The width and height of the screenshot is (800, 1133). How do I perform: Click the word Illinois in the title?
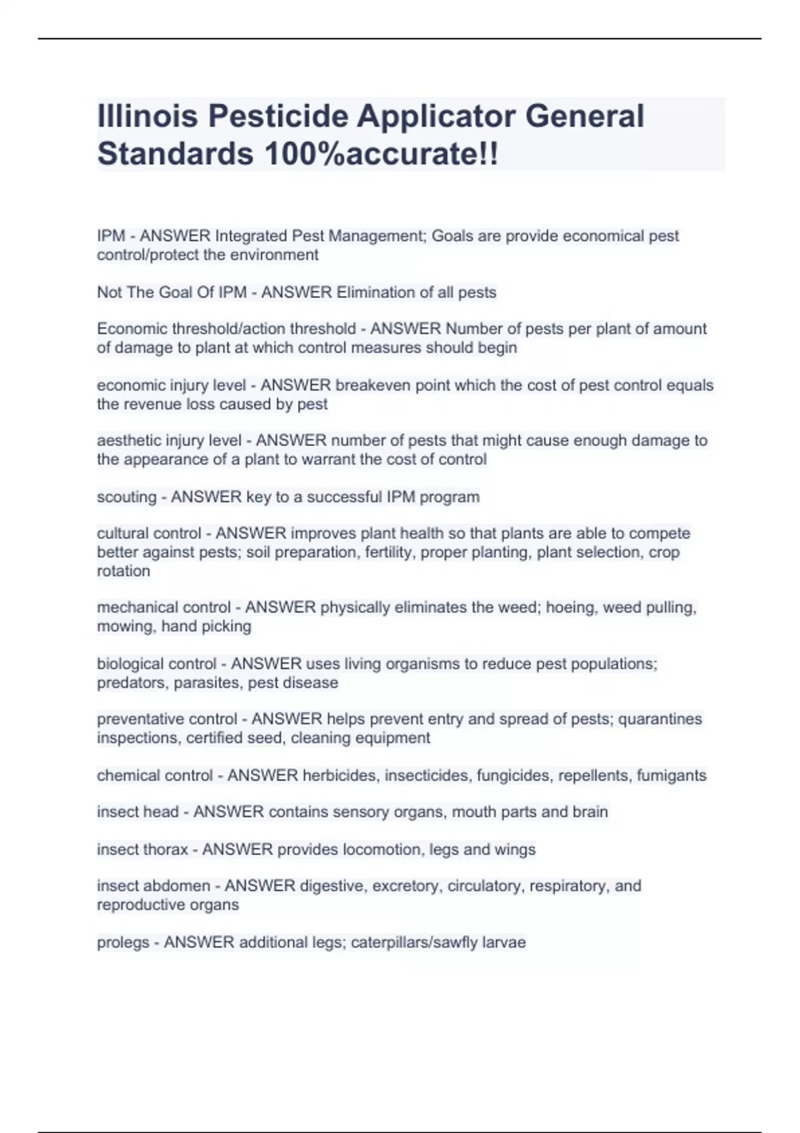(x=148, y=116)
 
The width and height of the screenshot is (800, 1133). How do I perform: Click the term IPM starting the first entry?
(x=111, y=236)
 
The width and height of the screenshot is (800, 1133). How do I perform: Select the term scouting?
(x=127, y=497)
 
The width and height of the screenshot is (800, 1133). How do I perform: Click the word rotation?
(x=123, y=570)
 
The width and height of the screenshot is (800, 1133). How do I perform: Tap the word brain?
(x=590, y=812)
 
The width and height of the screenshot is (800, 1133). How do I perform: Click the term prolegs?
(x=123, y=942)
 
